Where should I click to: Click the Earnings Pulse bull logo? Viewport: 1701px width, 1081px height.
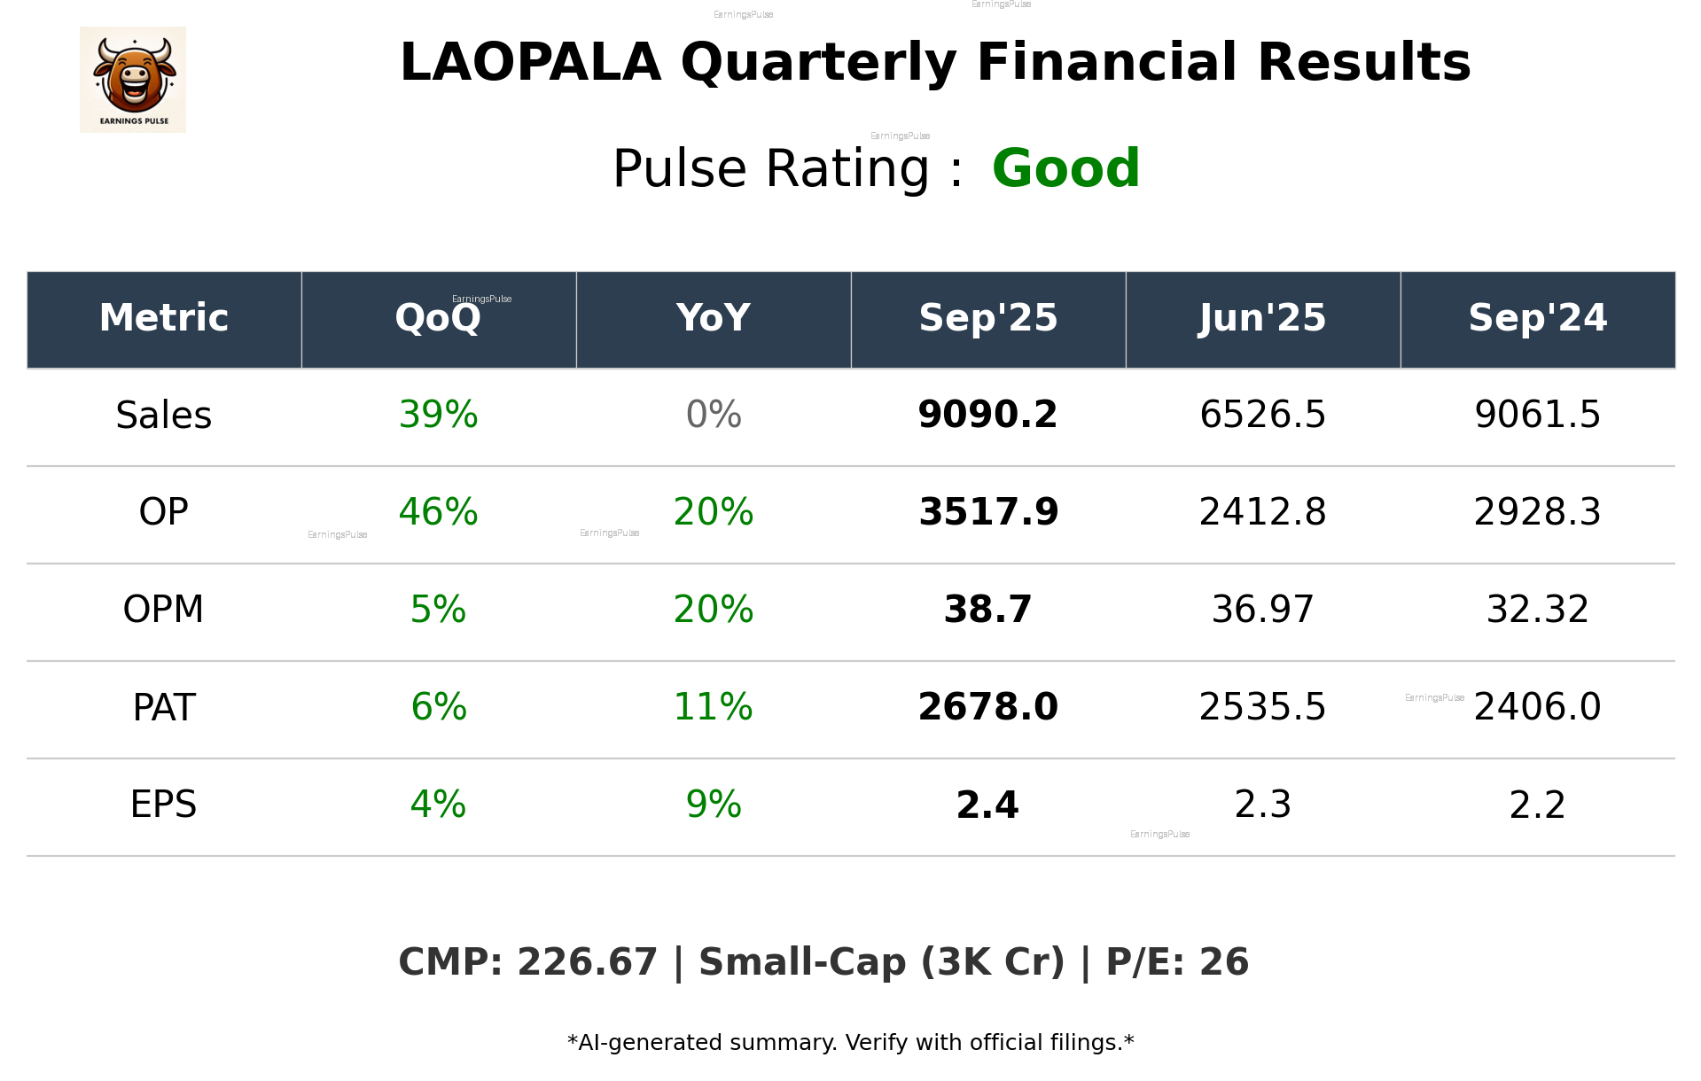pos(133,79)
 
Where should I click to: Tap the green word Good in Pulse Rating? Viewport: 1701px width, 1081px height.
pos(1065,168)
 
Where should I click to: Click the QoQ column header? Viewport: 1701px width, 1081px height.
pos(438,318)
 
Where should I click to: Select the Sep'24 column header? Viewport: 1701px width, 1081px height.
pos(1537,318)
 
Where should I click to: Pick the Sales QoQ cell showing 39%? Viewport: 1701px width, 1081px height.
pos(438,415)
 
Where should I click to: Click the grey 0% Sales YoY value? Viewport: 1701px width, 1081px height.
pos(714,415)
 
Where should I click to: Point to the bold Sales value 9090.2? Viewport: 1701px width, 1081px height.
pos(987,415)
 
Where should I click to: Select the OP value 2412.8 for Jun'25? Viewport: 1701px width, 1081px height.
pos(1262,512)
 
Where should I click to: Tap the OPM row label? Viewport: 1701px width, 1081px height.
pos(163,610)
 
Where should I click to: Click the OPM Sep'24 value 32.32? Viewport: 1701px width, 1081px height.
pos(1537,610)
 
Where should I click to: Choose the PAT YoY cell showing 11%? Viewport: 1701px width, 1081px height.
pos(714,707)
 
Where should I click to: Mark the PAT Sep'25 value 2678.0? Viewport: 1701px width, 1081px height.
pos(987,707)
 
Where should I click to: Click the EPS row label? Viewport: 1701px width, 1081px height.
pos(163,805)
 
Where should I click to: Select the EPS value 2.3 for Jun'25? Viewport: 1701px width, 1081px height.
pos(1262,805)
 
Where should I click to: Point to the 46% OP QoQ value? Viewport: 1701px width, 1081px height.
pos(438,512)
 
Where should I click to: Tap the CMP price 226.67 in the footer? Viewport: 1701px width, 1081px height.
pos(587,962)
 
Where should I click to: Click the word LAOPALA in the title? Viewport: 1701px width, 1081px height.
pos(530,63)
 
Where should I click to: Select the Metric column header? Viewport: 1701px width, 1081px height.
pos(163,318)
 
